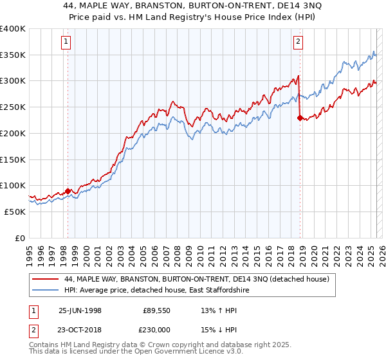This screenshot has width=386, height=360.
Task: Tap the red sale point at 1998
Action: click(68, 191)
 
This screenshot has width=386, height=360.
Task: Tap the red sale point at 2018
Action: click(300, 118)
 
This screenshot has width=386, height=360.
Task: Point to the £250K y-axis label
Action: click(13, 107)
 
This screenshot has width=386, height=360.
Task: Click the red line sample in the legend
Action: click(44, 279)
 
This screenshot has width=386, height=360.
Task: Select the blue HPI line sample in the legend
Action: click(44, 291)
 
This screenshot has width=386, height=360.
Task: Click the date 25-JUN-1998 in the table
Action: click(80, 310)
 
